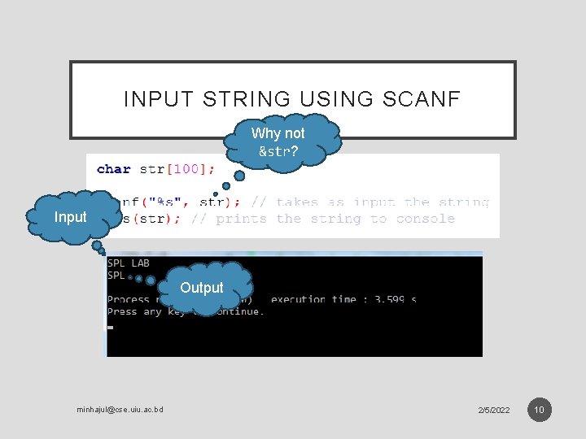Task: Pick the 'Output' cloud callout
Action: (x=202, y=288)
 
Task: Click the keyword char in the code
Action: (x=114, y=169)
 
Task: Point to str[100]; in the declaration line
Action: (x=178, y=169)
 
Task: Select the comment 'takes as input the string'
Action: (x=383, y=202)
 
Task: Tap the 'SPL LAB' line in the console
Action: (x=129, y=263)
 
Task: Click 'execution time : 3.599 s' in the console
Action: (x=343, y=299)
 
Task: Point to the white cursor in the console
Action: (x=111, y=327)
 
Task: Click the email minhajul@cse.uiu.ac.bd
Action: (x=120, y=409)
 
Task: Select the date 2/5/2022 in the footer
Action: (x=494, y=410)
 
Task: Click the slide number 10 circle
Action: (x=539, y=409)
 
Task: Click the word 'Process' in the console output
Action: (x=128, y=299)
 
